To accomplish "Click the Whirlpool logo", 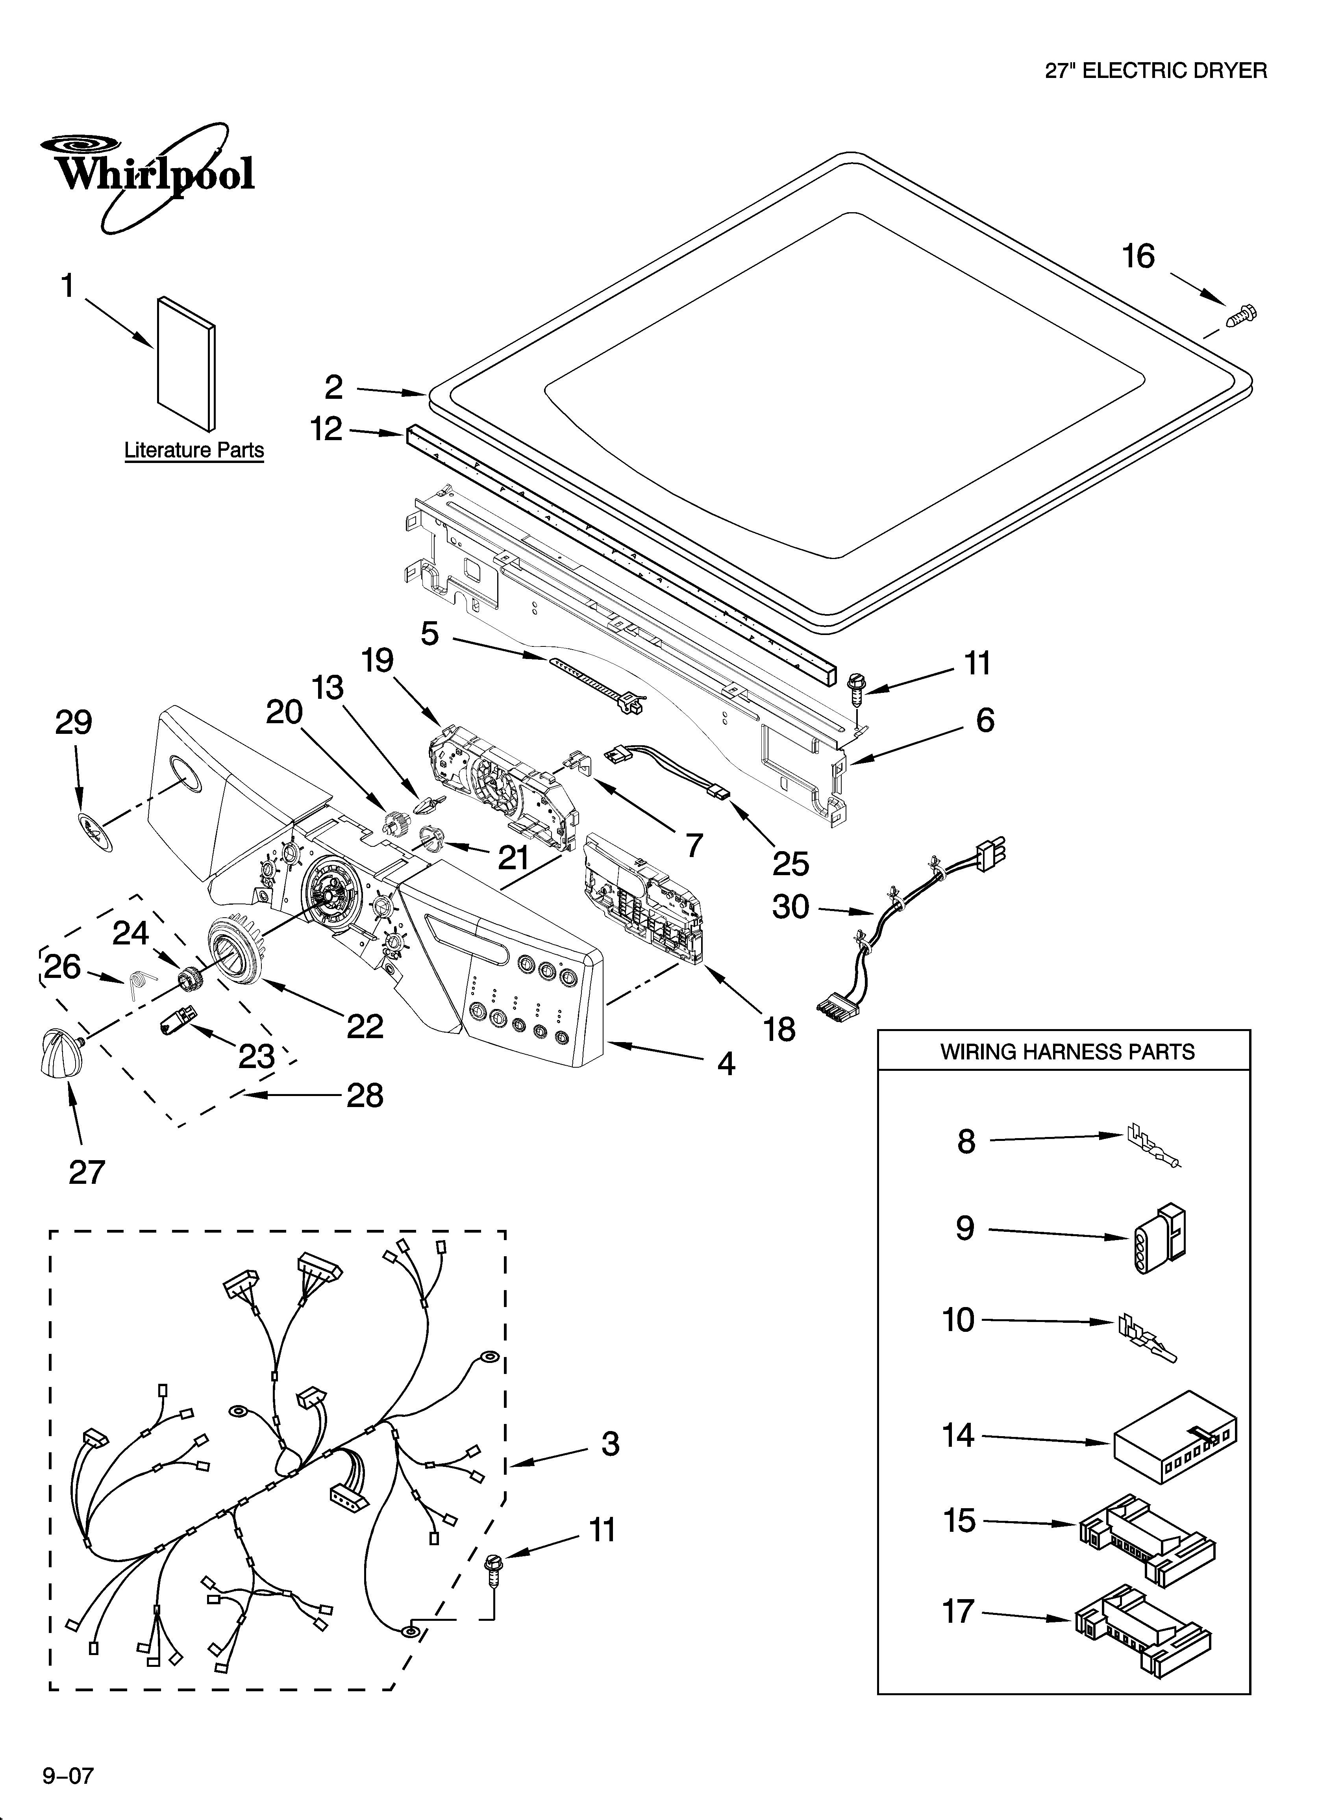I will (x=148, y=175).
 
